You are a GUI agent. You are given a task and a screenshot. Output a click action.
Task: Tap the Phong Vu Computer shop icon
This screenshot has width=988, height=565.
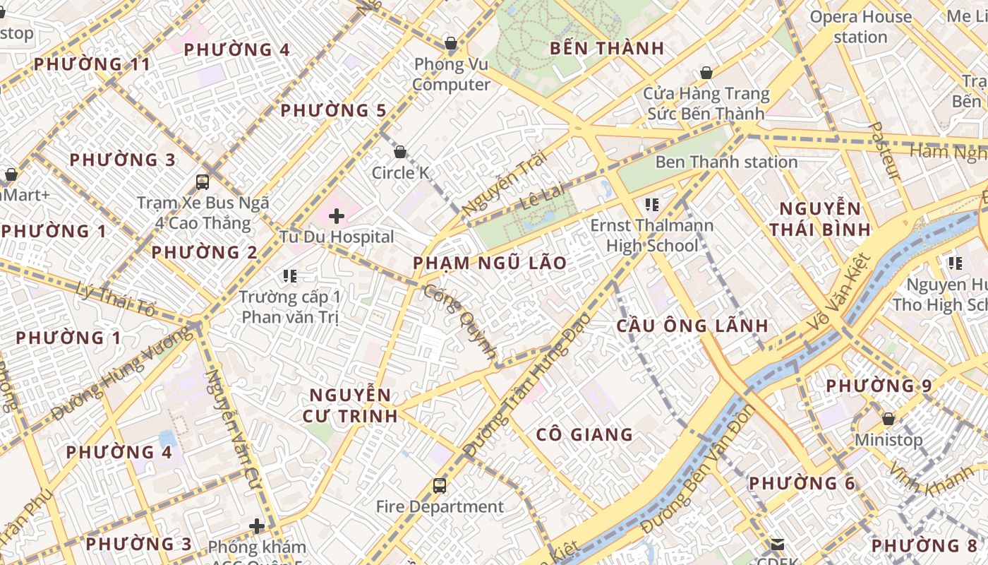(x=451, y=44)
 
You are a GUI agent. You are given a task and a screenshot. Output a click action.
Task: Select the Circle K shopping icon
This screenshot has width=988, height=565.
(x=400, y=152)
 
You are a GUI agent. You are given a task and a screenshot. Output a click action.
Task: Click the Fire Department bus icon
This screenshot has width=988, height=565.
(x=439, y=486)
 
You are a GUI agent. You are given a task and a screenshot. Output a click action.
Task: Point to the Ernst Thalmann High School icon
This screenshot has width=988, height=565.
(x=652, y=205)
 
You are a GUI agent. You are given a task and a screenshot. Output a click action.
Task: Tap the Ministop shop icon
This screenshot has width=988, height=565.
(x=888, y=419)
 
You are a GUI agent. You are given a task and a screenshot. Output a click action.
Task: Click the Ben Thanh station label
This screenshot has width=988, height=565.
(x=726, y=162)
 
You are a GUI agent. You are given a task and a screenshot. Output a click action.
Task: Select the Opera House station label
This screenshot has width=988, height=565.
(x=860, y=27)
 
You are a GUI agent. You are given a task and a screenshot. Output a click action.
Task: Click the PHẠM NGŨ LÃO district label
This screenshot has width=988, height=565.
(x=490, y=263)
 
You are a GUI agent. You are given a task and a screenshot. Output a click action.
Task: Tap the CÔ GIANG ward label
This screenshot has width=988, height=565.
(x=584, y=434)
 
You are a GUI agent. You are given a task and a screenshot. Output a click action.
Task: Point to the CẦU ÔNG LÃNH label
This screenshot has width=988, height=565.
(x=692, y=326)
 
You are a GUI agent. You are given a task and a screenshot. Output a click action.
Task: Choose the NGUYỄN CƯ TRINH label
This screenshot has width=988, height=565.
(x=350, y=405)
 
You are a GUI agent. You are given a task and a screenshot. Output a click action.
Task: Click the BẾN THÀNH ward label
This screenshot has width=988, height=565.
(x=606, y=48)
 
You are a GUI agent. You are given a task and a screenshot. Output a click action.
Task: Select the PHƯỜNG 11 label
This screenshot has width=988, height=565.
(x=92, y=64)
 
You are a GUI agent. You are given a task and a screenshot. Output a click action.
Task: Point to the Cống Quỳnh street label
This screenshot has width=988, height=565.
(x=460, y=322)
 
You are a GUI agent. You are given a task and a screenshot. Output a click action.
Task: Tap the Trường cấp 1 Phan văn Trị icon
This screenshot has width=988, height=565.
(x=289, y=275)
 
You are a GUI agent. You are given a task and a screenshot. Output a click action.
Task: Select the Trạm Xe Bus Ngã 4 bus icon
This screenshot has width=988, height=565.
(x=203, y=182)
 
